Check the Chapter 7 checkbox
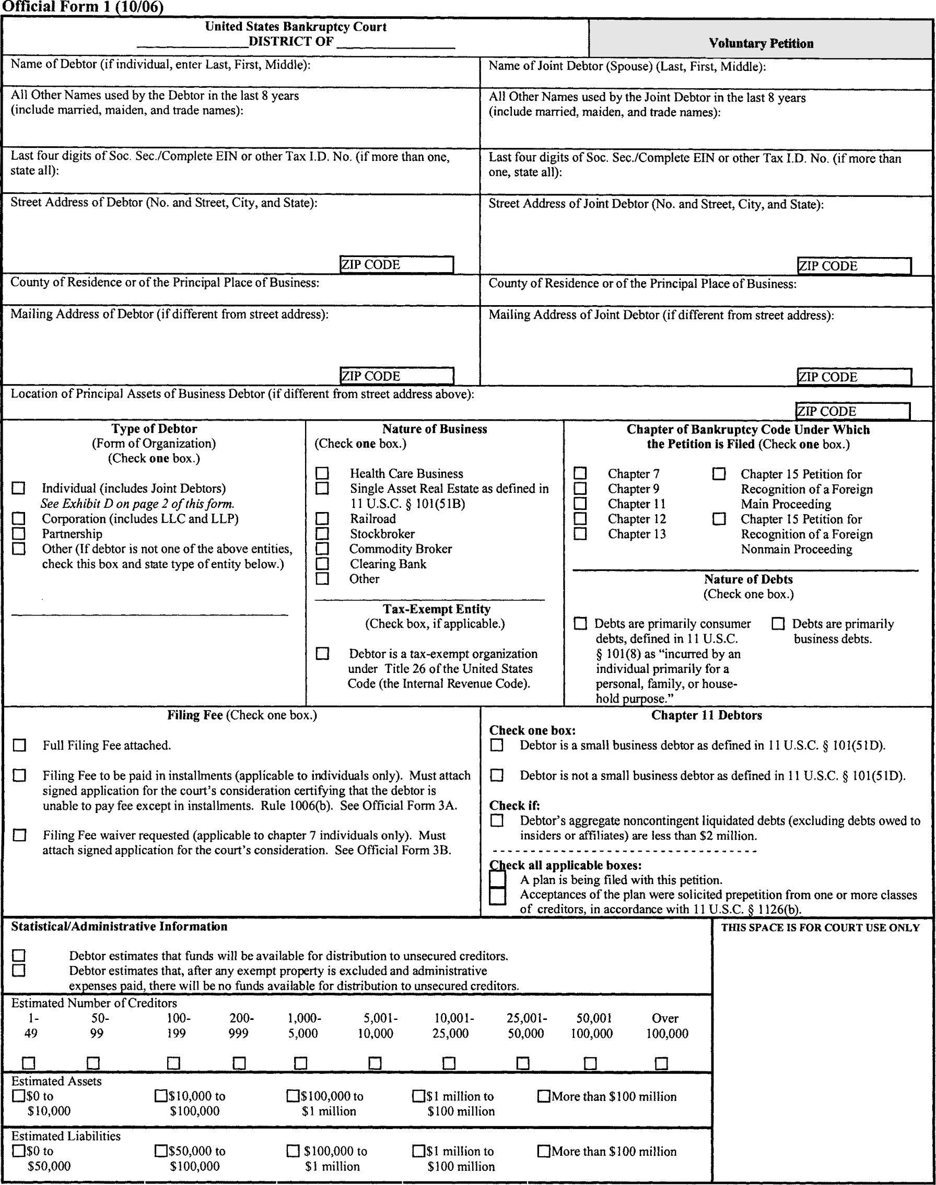pos(580,473)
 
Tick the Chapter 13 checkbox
pos(580,533)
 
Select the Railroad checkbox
pos(322,518)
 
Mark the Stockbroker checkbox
pos(322,533)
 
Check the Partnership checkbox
pos(19,533)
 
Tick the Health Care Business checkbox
pos(322,473)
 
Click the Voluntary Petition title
pos(760,43)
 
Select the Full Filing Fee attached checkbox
pos(19,746)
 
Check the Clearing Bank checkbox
pos(322,563)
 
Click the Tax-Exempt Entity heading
pos(436,609)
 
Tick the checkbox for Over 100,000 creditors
pos(661,1063)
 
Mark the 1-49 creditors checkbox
pos(29,1063)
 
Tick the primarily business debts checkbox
pos(778,624)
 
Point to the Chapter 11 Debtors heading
pos(706,715)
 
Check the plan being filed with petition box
pos(498,879)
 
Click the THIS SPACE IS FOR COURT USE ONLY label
pos(820,928)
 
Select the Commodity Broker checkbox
pos(322,549)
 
